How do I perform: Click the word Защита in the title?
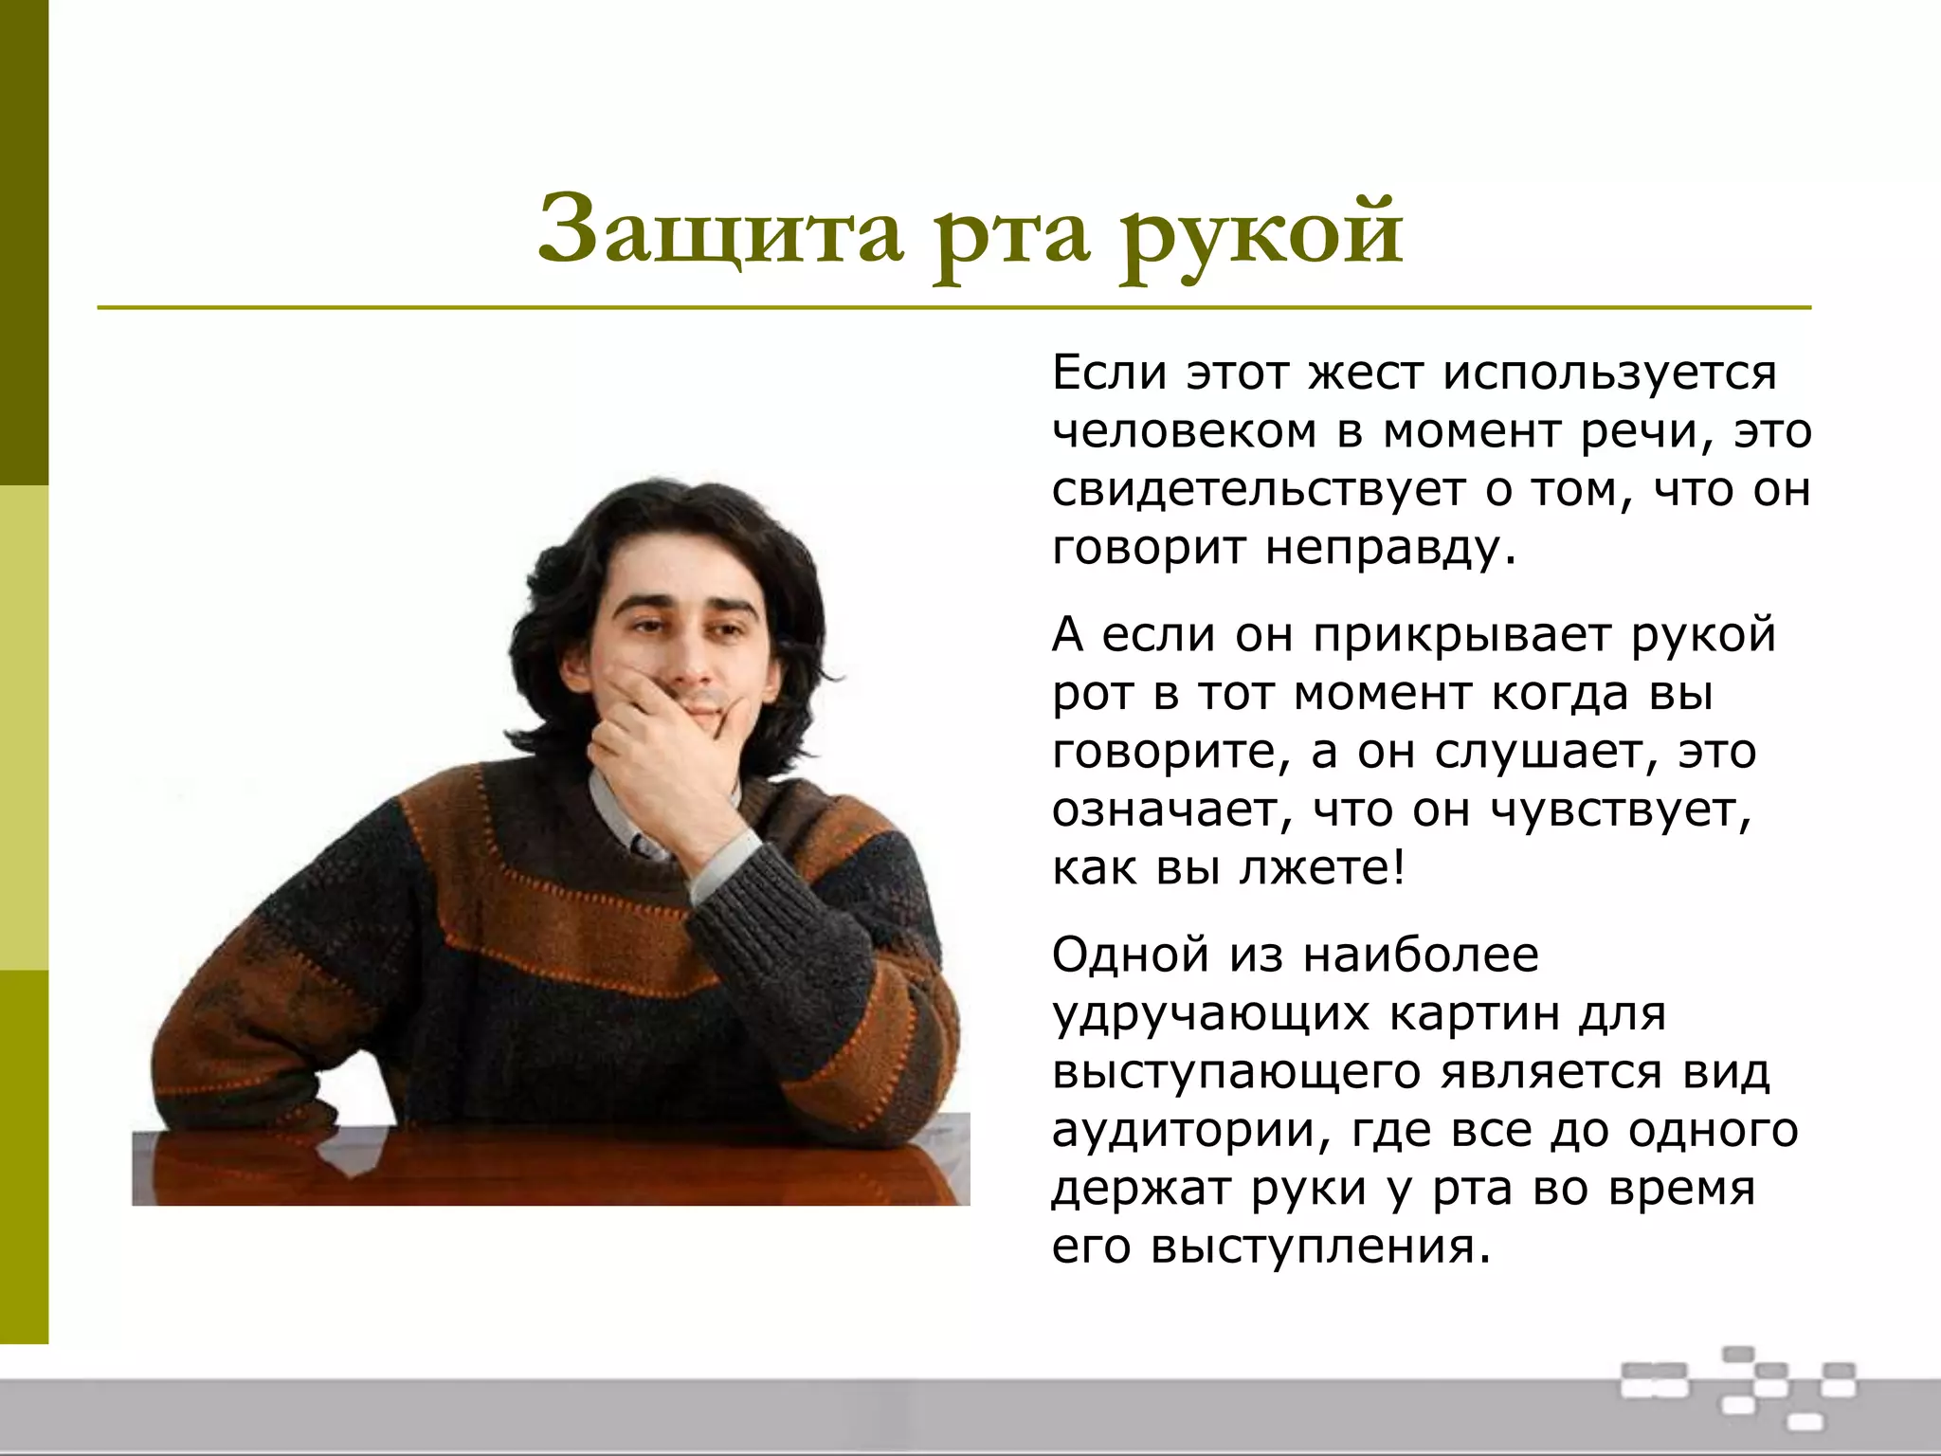pyautogui.click(x=720, y=232)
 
